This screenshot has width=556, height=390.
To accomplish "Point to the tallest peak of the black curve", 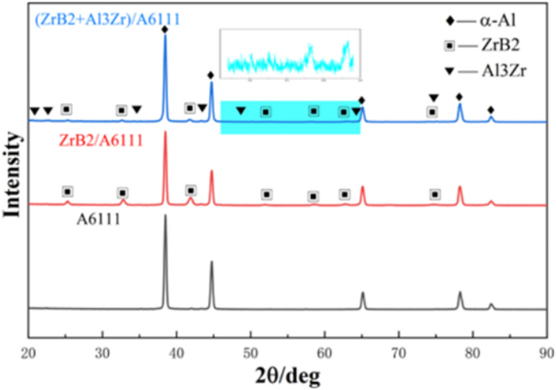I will click(x=165, y=216).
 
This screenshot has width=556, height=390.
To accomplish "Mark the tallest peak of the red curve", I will click(x=165, y=133).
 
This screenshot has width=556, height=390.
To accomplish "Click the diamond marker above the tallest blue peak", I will click(x=164, y=29).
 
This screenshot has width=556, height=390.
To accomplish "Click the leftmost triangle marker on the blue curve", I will click(x=34, y=110).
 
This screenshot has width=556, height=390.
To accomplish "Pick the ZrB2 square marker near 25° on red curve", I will click(x=68, y=191).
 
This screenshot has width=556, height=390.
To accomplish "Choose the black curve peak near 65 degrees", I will click(x=363, y=293).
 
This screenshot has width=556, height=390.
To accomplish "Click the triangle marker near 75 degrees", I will click(x=434, y=98).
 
